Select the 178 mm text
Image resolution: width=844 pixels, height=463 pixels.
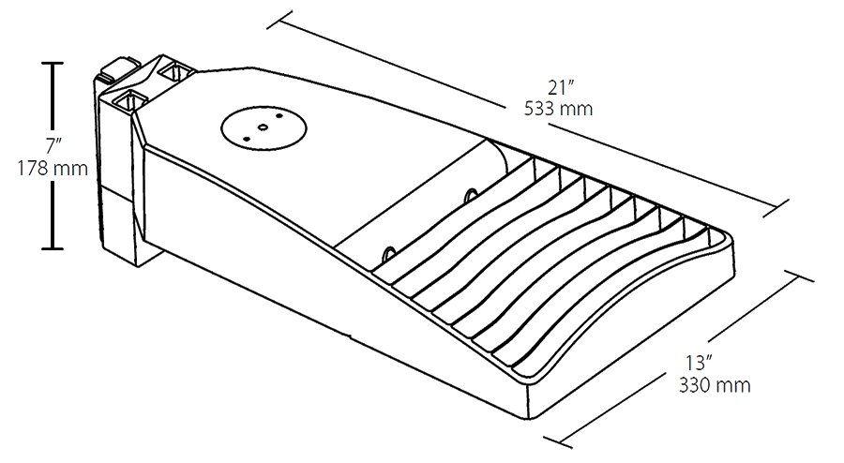tap(53, 169)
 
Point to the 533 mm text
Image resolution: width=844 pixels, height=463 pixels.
tap(559, 108)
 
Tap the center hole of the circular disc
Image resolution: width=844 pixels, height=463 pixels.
tap(264, 126)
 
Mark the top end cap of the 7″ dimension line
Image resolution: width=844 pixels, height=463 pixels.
tap(52, 63)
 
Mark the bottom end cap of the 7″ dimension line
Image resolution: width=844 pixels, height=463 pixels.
tap(52, 248)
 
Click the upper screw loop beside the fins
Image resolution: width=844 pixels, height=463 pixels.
tap(469, 195)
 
